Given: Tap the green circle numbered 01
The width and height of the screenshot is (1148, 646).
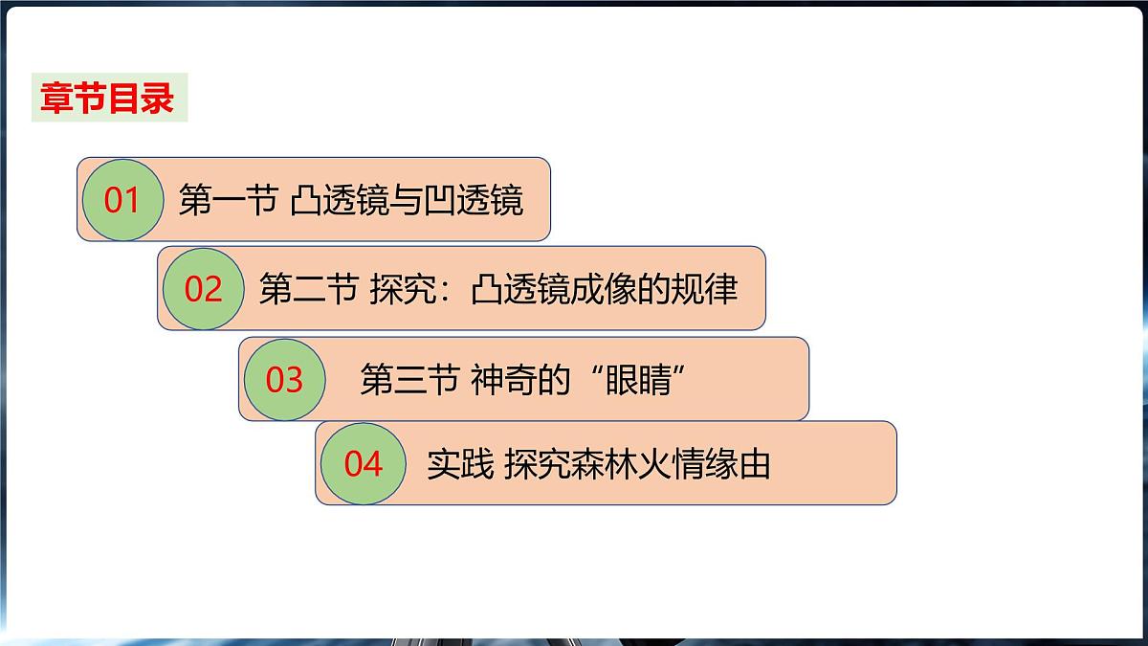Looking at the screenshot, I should coord(122,200).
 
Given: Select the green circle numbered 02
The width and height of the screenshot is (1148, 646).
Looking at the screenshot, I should coord(203,288).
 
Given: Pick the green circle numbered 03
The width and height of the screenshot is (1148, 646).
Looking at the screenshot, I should coord(284,380).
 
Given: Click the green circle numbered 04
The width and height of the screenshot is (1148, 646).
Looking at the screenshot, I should coord(364,464).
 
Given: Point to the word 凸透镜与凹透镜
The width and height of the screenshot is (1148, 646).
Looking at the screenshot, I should coord(407,201).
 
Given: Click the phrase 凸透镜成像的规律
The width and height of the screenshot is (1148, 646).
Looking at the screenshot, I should coord(605,289).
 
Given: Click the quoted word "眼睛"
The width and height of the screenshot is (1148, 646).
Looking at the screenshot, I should coord(642,381).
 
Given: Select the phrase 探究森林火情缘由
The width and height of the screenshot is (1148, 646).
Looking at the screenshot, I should coord(636,465).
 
